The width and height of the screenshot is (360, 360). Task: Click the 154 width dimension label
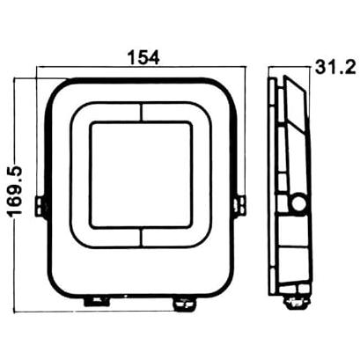click(x=143, y=57)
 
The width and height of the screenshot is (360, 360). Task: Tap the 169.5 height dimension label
click(x=16, y=191)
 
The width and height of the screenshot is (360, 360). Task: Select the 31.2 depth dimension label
click(x=335, y=67)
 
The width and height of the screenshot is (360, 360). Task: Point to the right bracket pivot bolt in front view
click(x=240, y=206)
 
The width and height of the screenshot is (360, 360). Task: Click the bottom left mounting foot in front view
click(x=98, y=302)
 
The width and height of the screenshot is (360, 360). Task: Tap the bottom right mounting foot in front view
click(x=185, y=303)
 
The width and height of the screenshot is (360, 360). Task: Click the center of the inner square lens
click(x=141, y=174)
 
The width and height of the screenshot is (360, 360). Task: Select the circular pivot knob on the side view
click(x=299, y=202)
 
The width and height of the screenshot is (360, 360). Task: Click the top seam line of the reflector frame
click(x=141, y=112)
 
